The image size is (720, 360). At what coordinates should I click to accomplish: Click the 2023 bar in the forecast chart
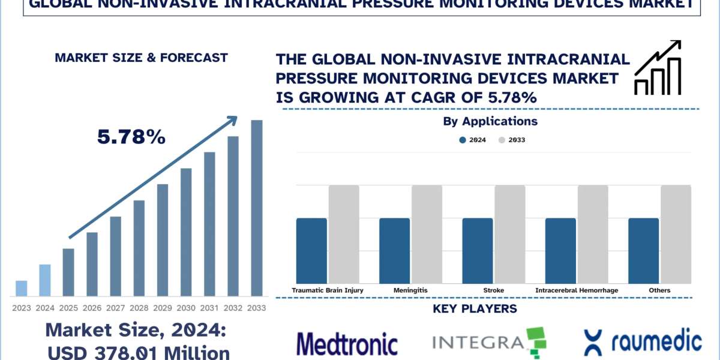click(x=21, y=288)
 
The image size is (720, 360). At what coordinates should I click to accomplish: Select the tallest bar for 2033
click(x=256, y=208)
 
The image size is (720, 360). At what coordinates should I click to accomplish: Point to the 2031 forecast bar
click(x=209, y=224)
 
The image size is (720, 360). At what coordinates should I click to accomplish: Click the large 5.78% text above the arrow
click(x=131, y=137)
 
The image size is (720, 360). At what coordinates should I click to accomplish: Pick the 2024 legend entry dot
click(x=463, y=140)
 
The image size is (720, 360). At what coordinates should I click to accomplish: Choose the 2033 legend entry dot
click(x=502, y=140)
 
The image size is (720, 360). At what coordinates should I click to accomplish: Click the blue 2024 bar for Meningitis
click(x=394, y=250)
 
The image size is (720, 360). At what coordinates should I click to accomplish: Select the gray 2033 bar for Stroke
click(x=509, y=234)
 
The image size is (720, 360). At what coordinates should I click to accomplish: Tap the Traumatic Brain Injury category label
click(x=328, y=290)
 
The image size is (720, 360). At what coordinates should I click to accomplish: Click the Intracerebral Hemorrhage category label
click(x=577, y=290)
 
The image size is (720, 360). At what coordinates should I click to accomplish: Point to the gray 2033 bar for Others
click(x=676, y=234)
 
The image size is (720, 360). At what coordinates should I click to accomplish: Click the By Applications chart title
click(x=490, y=121)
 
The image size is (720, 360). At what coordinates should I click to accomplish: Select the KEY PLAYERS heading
click(x=475, y=309)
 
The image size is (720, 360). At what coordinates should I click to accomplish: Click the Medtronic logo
click(x=347, y=344)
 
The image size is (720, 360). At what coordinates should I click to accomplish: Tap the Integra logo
click(x=489, y=343)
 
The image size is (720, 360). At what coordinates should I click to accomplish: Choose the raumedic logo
click(x=643, y=341)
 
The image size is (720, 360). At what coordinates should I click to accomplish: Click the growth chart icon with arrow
click(x=658, y=67)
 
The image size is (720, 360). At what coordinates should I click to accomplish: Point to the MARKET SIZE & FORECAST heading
click(x=141, y=58)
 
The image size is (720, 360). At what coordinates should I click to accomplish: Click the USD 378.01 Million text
click(x=137, y=352)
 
